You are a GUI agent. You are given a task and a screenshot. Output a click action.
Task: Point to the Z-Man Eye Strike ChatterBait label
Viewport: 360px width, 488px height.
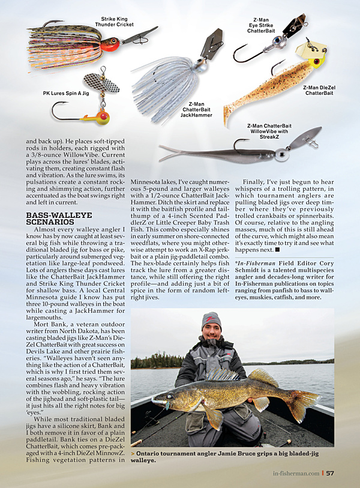click(260, 30)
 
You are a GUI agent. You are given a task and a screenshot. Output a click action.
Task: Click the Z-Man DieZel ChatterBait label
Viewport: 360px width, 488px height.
click(319, 90)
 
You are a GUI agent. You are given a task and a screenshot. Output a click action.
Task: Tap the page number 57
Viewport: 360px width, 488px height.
click(329, 472)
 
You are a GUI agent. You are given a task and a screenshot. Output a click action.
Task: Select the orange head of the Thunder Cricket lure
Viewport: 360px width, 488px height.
click(108, 43)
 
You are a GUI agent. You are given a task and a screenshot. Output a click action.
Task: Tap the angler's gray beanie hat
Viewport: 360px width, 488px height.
click(211, 320)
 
